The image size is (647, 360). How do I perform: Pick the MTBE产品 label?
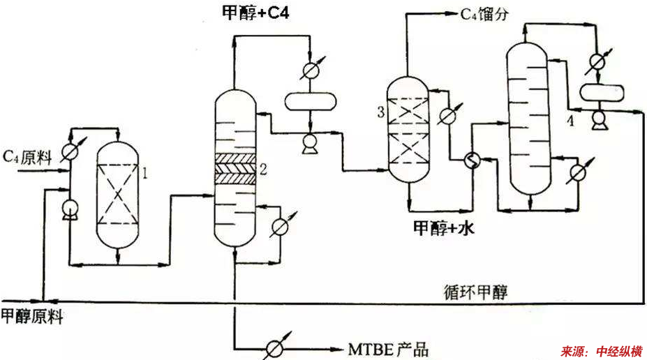[387, 348]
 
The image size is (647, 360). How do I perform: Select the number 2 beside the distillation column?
[262, 169]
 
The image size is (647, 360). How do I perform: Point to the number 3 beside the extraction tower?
[380, 111]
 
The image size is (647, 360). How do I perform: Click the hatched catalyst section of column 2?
[235, 169]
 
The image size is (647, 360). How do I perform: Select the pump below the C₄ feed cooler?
[69, 209]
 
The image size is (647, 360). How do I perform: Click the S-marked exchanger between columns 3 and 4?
[473, 161]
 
